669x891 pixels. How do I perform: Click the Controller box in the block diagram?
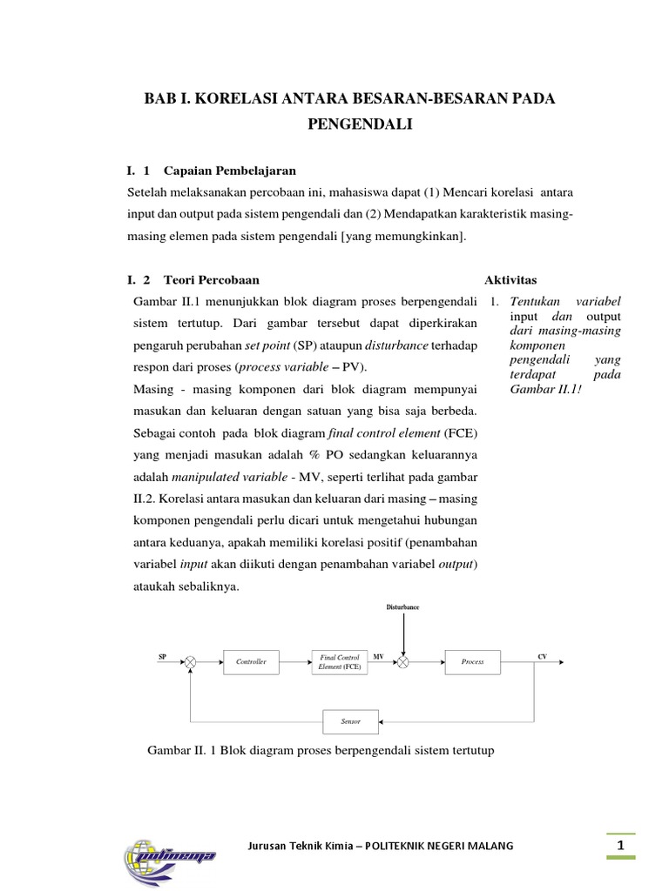(x=252, y=662)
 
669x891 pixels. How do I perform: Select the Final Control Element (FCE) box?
(x=340, y=662)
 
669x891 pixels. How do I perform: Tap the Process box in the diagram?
(x=472, y=662)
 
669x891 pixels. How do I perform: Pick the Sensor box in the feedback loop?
(x=350, y=721)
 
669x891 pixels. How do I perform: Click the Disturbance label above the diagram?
(x=402, y=606)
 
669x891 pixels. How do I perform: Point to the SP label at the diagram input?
(x=162, y=656)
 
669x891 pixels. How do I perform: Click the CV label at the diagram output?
(x=542, y=656)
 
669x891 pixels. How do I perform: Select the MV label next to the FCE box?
(x=378, y=656)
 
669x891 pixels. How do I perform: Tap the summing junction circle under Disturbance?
(x=403, y=662)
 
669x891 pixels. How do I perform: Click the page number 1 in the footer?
(x=620, y=845)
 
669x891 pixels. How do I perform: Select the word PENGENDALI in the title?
(x=358, y=125)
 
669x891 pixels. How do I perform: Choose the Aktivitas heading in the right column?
(x=510, y=280)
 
